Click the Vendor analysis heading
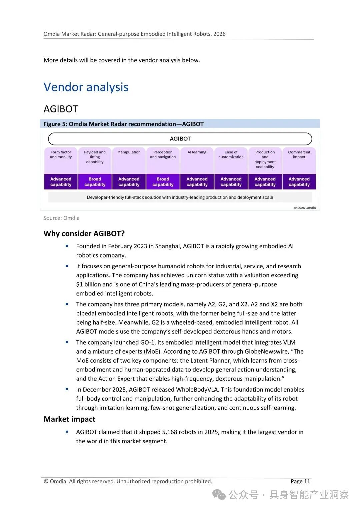(86, 87)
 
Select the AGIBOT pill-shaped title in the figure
(180, 139)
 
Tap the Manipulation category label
(129, 152)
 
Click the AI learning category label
(197, 152)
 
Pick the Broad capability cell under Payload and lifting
(95, 182)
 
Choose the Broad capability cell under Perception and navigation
(163, 182)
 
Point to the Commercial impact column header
(299, 154)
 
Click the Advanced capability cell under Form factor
(61, 182)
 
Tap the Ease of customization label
(231, 154)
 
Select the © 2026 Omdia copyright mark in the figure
(305, 208)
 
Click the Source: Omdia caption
(61, 218)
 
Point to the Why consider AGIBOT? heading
(84, 233)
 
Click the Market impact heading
(69, 419)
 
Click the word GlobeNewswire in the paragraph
(269, 352)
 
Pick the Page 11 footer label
(300, 481)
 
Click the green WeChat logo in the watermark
(219, 495)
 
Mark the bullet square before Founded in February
(67, 246)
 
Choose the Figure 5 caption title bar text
(123, 124)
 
